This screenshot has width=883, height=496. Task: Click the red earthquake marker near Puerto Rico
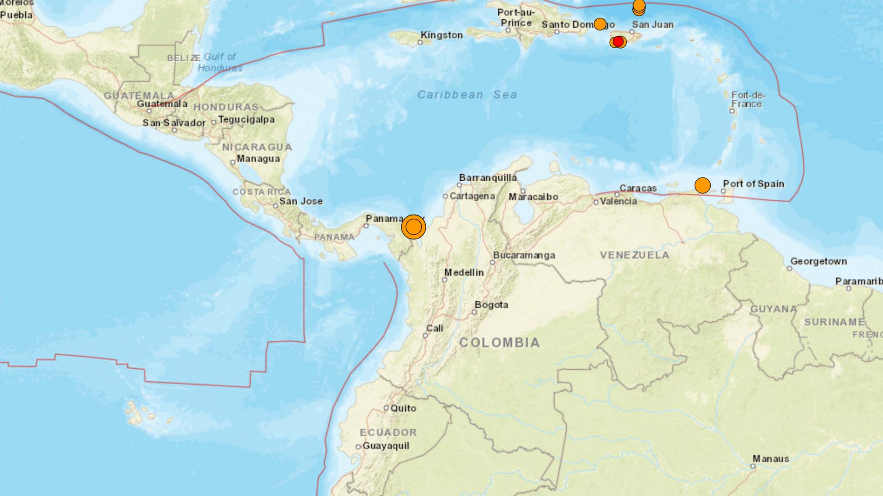(618, 42)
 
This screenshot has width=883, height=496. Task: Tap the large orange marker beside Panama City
(413, 227)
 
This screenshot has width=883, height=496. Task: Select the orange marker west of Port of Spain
(702, 185)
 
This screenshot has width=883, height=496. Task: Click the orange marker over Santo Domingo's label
(600, 24)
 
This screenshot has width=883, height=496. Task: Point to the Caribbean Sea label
(467, 94)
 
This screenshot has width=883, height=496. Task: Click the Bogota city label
(491, 304)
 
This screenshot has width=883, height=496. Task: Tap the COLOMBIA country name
(499, 343)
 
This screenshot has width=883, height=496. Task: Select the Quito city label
(403, 408)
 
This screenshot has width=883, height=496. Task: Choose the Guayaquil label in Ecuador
(386, 446)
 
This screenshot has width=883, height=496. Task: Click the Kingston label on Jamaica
(442, 35)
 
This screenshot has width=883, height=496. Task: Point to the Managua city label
(258, 159)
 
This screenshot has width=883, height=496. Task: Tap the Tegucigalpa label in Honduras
(246, 120)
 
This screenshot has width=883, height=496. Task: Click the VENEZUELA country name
(634, 255)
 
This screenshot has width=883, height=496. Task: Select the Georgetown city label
(818, 261)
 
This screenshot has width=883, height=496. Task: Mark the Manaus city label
(770, 459)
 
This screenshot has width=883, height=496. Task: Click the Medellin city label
(464, 273)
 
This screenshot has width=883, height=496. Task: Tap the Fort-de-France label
(748, 100)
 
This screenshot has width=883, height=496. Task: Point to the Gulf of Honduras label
(220, 62)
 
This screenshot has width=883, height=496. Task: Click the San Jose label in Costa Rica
(301, 201)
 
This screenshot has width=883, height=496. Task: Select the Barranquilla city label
(488, 178)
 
